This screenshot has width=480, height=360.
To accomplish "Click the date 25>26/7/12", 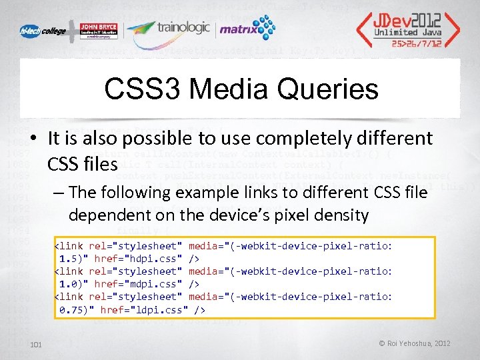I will (x=417, y=42).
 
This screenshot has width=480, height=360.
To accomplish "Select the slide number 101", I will (x=36, y=344).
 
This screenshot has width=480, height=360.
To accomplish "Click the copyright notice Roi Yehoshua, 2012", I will (x=415, y=344).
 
